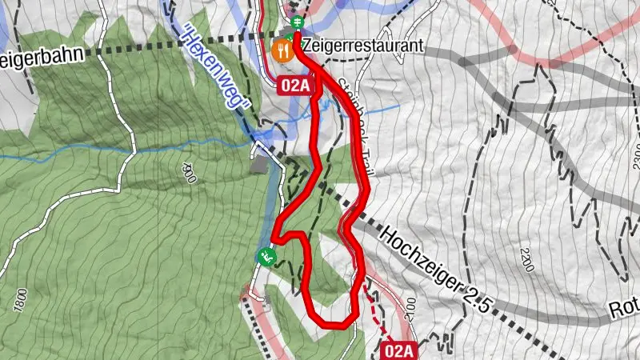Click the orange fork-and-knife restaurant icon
(x=282, y=50)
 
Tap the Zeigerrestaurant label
(x=362, y=46)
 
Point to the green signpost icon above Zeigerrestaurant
(x=298, y=22)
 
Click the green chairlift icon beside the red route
(x=266, y=257)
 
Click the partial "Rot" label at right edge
(x=623, y=309)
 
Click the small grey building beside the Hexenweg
(x=259, y=166)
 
